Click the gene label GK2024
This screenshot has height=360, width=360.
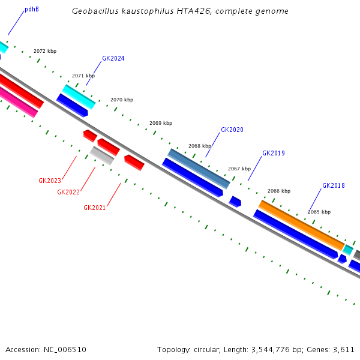pos(113,59)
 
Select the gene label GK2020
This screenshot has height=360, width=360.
pos(232,130)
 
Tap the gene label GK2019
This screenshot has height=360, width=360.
pos(273,154)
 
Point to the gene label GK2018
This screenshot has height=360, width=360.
pos(333,186)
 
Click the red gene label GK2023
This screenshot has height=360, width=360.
pos(50,181)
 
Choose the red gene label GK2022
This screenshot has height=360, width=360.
pos(68,192)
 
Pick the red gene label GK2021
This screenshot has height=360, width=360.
pos(95,208)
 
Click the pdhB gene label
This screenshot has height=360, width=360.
pos(32,10)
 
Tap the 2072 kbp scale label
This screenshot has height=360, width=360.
pos(45,52)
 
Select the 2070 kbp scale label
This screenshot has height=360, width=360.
pos(122,100)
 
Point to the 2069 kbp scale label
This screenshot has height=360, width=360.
pos(161,123)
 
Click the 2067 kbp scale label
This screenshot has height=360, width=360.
pos(239,169)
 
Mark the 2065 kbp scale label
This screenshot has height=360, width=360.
pos(319,212)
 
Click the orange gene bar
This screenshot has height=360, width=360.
pos(301,225)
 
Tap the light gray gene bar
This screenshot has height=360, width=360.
pos(102,155)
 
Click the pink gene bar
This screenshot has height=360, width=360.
pos(18,101)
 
